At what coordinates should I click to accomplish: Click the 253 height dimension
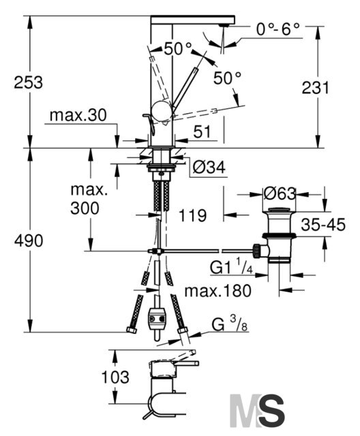[x=29, y=82]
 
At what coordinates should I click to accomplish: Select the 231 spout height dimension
[x=315, y=87]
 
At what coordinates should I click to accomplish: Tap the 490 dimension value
[x=29, y=240]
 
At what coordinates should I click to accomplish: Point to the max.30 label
[x=78, y=115]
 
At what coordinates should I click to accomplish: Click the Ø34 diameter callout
[x=209, y=168]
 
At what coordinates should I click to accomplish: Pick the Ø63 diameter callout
[x=280, y=193]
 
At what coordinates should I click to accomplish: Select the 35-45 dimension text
[x=323, y=225]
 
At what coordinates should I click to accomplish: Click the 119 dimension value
[x=192, y=215]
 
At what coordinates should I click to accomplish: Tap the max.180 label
[x=217, y=291]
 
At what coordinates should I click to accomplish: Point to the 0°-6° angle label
[x=278, y=29]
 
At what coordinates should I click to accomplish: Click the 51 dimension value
[x=202, y=131]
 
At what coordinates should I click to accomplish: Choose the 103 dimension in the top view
[x=115, y=377]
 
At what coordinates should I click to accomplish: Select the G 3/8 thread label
[x=229, y=324]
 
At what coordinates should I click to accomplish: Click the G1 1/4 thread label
[x=231, y=267]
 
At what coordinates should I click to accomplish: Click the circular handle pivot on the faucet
[x=160, y=110]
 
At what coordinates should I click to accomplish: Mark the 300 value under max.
[x=85, y=208]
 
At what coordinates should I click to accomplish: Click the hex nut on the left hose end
[x=132, y=330]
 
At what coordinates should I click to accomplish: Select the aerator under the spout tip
[x=224, y=25]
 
